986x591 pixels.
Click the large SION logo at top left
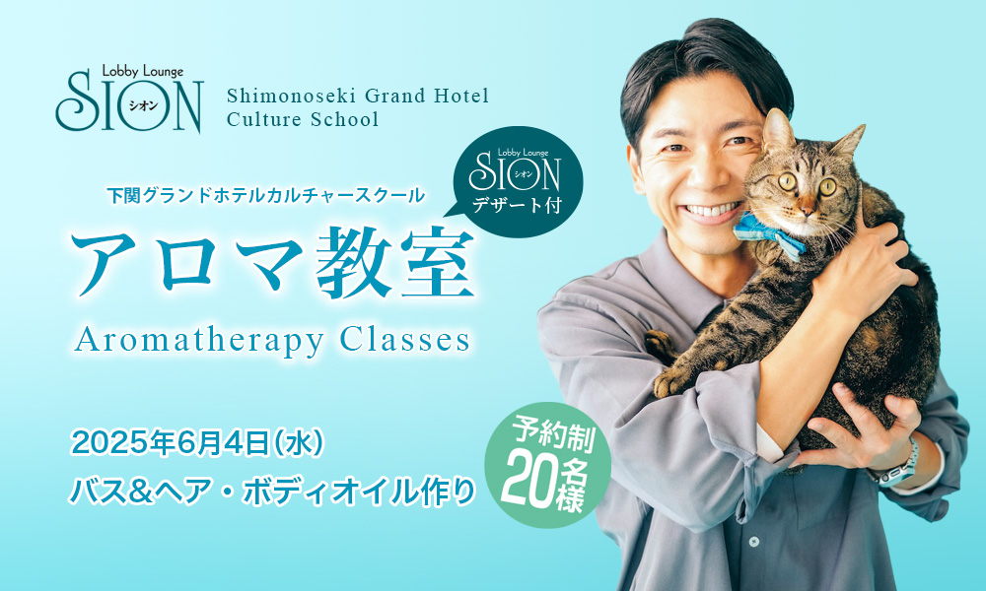point(129,101)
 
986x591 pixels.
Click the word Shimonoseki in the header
point(292,97)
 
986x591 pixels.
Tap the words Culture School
point(303,119)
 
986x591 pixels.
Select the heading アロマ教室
point(273,263)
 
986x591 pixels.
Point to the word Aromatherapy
point(199,342)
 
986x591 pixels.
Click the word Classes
point(405,340)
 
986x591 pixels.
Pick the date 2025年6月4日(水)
point(197,443)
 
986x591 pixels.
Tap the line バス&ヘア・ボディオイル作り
point(272,491)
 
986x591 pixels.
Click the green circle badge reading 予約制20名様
point(547,465)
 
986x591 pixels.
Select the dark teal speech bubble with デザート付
point(517,181)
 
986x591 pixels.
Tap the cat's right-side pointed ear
point(849,143)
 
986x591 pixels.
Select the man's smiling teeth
point(712,209)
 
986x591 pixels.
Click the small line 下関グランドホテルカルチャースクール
point(266,196)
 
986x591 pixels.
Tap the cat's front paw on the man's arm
point(671,381)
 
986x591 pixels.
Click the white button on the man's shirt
point(753,541)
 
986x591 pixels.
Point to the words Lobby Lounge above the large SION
point(143,72)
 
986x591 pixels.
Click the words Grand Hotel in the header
point(427,97)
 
